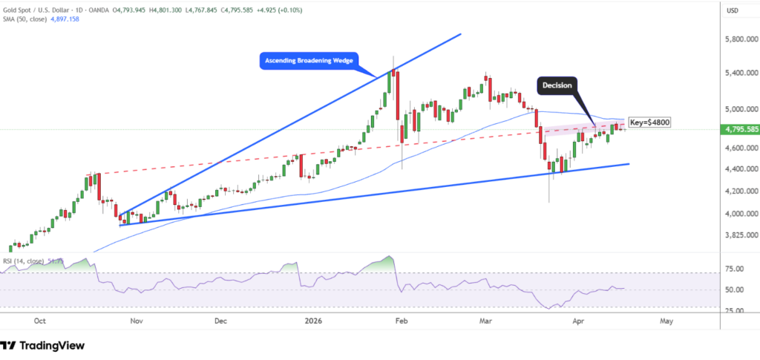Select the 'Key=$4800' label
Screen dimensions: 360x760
pos(649,121)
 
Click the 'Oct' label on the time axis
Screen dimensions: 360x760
pos(41,321)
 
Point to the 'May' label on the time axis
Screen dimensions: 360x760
pos(666,321)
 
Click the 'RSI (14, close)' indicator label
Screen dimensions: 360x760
pos(22,261)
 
